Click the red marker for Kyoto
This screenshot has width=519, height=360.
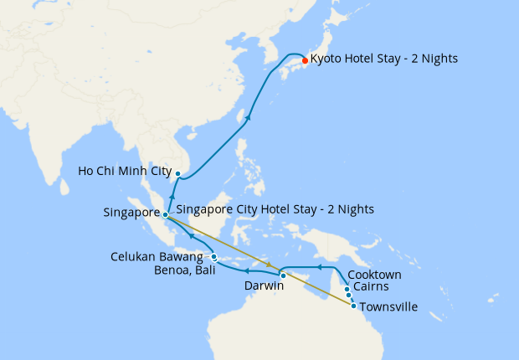(x=303, y=59)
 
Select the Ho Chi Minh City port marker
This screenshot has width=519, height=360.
(x=178, y=173)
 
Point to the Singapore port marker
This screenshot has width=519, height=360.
(x=166, y=214)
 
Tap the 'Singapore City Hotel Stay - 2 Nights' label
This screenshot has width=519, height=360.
(x=275, y=208)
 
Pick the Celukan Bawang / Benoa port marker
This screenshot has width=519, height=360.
(x=214, y=257)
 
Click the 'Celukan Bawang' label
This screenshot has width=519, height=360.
(x=157, y=256)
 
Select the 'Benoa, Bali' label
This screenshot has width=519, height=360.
(x=182, y=270)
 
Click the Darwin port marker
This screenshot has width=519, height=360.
(x=283, y=275)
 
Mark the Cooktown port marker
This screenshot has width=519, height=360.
(x=347, y=289)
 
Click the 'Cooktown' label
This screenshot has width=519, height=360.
(x=374, y=275)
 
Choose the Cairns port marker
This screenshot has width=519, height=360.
(x=348, y=296)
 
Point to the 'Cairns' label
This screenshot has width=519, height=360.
(x=370, y=287)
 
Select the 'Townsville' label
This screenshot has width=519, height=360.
(x=388, y=307)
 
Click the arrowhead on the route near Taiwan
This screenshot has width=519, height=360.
(x=248, y=118)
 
